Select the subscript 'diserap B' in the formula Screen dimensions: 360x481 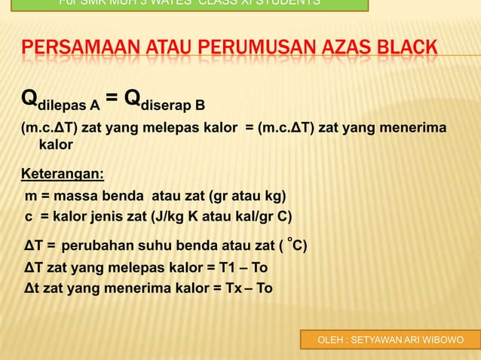[173, 105]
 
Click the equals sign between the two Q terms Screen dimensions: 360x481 [112, 99]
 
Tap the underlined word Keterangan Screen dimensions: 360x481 [62, 175]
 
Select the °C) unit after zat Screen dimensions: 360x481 [296, 245]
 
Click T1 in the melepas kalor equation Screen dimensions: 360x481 [221, 267]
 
